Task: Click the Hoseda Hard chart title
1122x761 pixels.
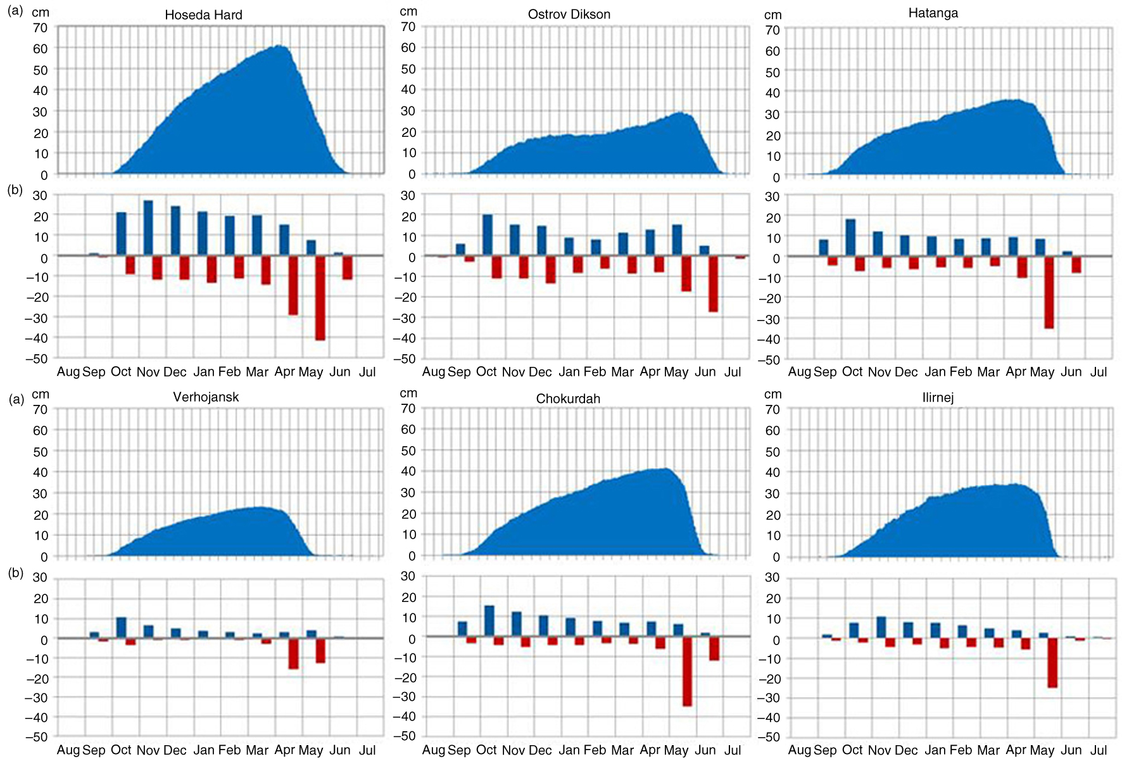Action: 203,15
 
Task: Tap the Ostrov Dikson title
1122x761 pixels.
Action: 569,14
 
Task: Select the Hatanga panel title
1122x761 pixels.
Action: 933,13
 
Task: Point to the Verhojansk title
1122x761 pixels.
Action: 206,397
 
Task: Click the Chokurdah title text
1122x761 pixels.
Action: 568,399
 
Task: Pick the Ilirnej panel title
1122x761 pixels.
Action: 938,397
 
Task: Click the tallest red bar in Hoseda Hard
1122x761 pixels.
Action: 320,298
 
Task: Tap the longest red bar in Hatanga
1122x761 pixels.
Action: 1049,292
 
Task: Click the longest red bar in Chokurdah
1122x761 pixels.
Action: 687,671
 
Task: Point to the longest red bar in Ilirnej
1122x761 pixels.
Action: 1052,662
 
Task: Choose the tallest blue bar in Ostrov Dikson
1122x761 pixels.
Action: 488,235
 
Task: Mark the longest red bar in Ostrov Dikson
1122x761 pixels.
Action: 713,284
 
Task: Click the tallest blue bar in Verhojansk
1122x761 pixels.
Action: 121,627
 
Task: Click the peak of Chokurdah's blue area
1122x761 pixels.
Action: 666,468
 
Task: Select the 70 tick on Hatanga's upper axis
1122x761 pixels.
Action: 772,30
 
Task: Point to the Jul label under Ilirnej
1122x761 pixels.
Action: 1099,750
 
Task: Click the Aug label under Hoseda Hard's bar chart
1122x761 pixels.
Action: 68,372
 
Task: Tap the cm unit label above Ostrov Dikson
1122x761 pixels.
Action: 408,11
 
